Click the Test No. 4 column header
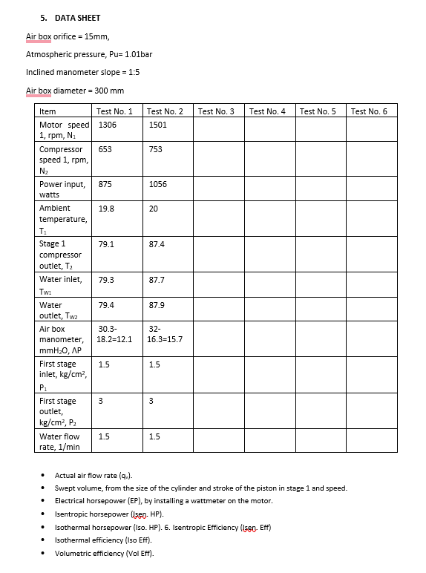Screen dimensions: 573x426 click(267, 111)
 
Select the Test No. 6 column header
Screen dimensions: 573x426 click(369, 111)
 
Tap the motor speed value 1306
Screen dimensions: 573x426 click(108, 125)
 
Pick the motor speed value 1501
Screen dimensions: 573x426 click(158, 125)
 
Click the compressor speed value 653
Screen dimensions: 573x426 click(105, 149)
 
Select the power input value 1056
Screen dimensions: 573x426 click(158, 184)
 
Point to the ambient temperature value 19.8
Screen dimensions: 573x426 click(106, 209)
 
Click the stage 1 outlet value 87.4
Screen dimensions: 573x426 click(157, 243)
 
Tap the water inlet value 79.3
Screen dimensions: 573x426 click(106, 280)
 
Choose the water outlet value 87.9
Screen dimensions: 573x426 click(157, 304)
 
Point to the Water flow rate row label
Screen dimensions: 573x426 click(59, 442)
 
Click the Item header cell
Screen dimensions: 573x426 click(47, 111)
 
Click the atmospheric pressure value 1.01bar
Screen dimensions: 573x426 click(138, 54)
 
